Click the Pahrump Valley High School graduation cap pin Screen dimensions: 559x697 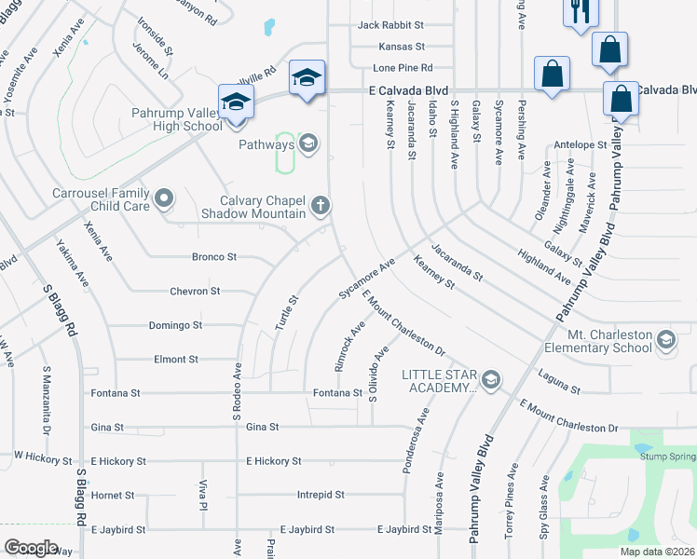pos(236,101)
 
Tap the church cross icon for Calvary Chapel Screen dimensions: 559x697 pos(321,205)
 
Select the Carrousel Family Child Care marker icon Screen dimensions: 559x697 pos(165,198)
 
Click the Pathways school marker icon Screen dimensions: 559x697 pos(308,143)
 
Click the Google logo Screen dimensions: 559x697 pos(30,548)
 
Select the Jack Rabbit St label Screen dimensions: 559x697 pos(391,25)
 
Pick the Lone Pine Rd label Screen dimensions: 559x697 pos(403,68)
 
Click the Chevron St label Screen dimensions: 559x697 pos(195,292)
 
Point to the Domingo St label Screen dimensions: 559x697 pos(175,325)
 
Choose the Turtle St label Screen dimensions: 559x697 pos(291,313)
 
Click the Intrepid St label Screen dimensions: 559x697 pos(321,495)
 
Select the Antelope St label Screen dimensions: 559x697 pos(580,145)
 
